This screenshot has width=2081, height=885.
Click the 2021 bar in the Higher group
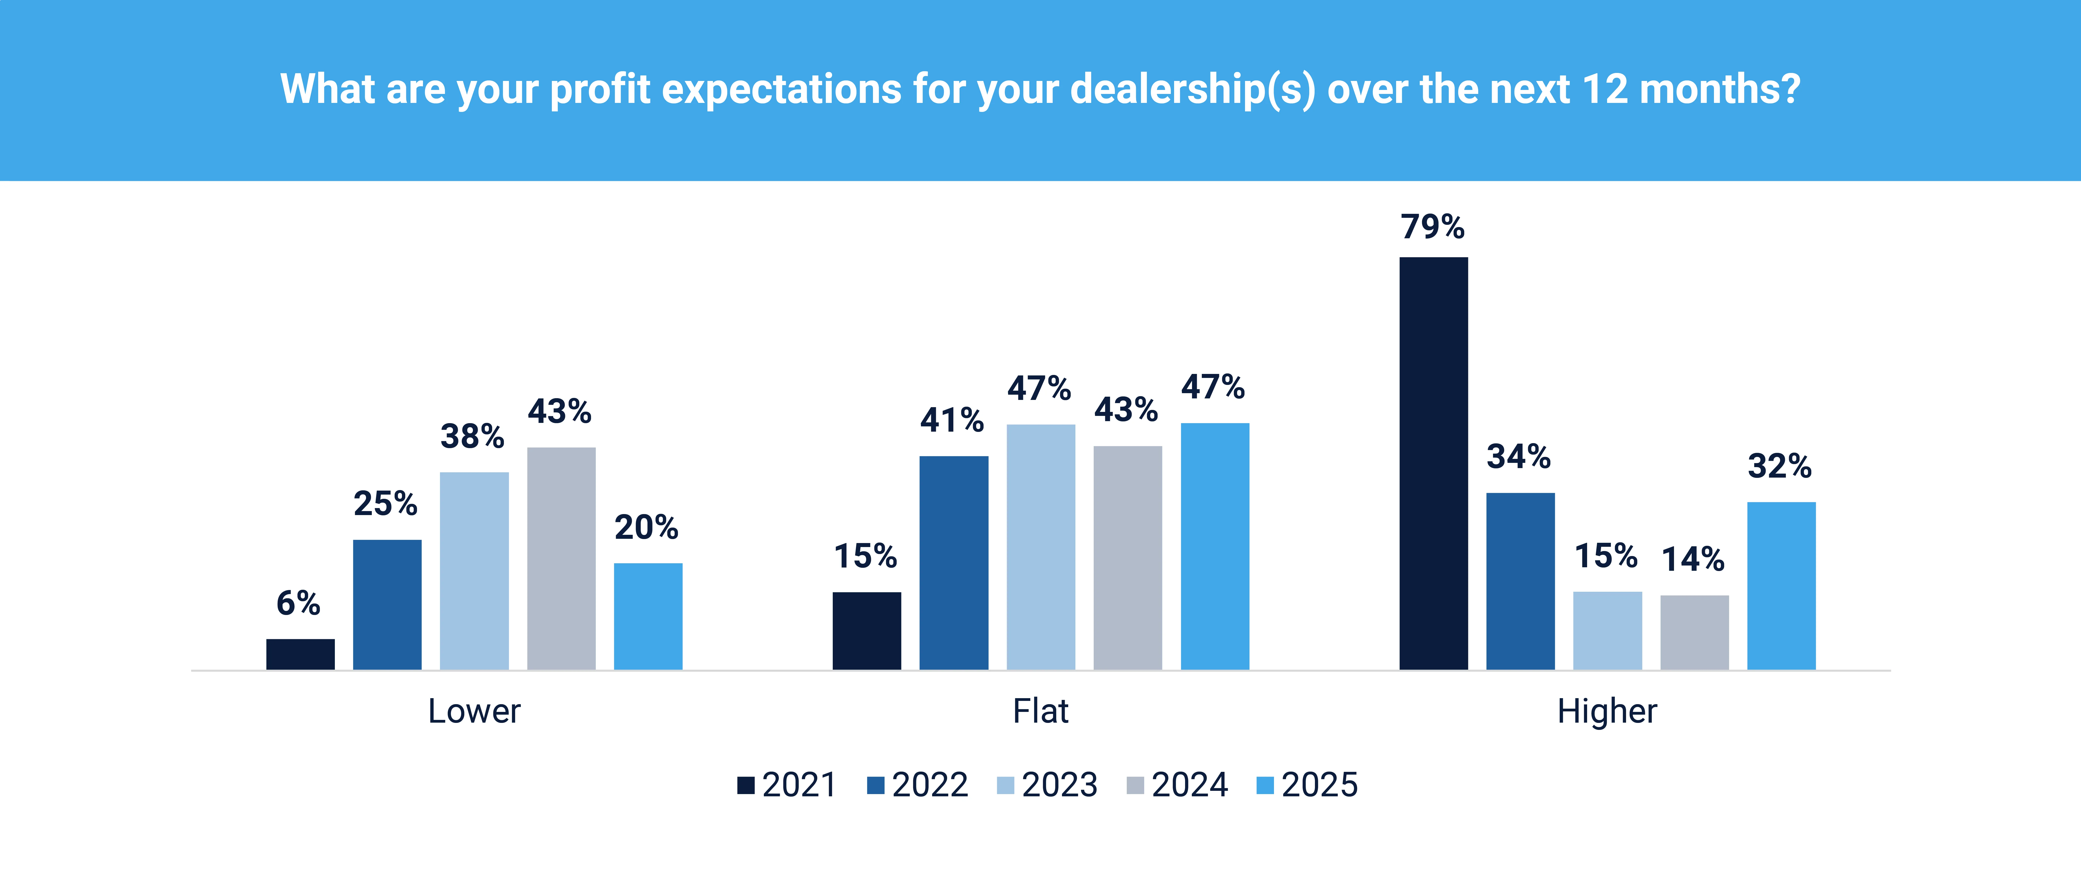pos(1433,463)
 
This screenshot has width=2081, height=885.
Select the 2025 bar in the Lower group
pos(648,616)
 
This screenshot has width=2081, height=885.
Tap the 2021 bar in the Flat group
pos(867,630)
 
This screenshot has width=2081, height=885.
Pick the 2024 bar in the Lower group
pos(561,558)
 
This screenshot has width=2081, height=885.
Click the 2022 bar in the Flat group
pos(953,563)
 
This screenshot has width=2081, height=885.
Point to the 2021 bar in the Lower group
pos(301,654)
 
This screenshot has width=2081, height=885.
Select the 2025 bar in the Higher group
pos(1781,585)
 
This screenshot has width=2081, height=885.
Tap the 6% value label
pos(298,603)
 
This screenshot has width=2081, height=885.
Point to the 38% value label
pos(473,436)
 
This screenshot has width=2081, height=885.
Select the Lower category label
pos(474,711)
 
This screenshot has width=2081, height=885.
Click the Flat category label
pos(1040,711)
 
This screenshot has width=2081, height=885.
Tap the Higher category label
pos(1607,711)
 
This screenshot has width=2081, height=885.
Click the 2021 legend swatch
pos(746,785)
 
